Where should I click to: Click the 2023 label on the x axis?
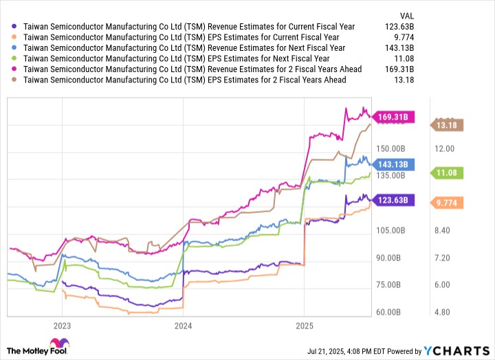[62, 325]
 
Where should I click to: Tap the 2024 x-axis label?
[184, 325]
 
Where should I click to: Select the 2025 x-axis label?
[305, 325]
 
